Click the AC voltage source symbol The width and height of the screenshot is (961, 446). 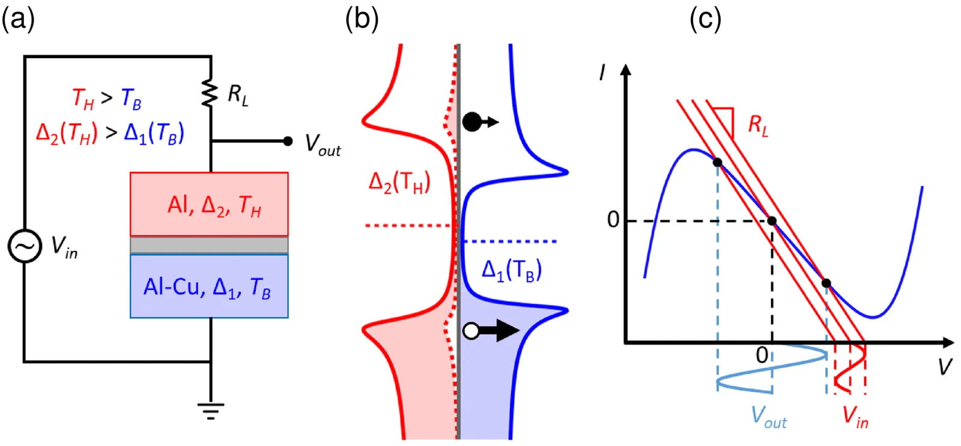pyautogui.click(x=25, y=247)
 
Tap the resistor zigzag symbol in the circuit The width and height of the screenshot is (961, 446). pyautogui.click(x=210, y=93)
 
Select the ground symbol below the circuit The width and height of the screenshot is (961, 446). pyautogui.click(x=210, y=410)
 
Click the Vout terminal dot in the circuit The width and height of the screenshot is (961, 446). pyautogui.click(x=288, y=141)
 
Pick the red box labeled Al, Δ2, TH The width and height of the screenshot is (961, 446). pyautogui.click(x=209, y=204)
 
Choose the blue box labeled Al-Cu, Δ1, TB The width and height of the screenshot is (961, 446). pyautogui.click(x=209, y=286)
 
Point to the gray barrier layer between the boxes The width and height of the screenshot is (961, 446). pyautogui.click(x=209, y=245)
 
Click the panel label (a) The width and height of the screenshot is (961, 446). pyautogui.click(x=18, y=19)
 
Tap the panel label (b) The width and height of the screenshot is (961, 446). pyautogui.click(x=362, y=19)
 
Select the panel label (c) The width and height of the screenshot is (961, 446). pyautogui.click(x=705, y=19)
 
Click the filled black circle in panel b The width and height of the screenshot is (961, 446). pyautogui.click(x=472, y=122)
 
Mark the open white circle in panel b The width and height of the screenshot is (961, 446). pyautogui.click(x=471, y=331)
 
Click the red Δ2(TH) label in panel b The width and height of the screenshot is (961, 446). pyautogui.click(x=399, y=181)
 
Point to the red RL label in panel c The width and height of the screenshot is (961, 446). pyautogui.click(x=758, y=125)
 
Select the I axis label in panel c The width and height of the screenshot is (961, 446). pyautogui.click(x=602, y=73)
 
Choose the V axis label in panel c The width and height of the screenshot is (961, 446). pyautogui.click(x=945, y=366)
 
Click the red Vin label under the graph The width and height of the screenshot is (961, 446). pyautogui.click(x=855, y=416)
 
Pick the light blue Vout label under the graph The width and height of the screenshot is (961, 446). pyautogui.click(x=768, y=416)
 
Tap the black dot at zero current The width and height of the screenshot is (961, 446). pyautogui.click(x=772, y=221)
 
